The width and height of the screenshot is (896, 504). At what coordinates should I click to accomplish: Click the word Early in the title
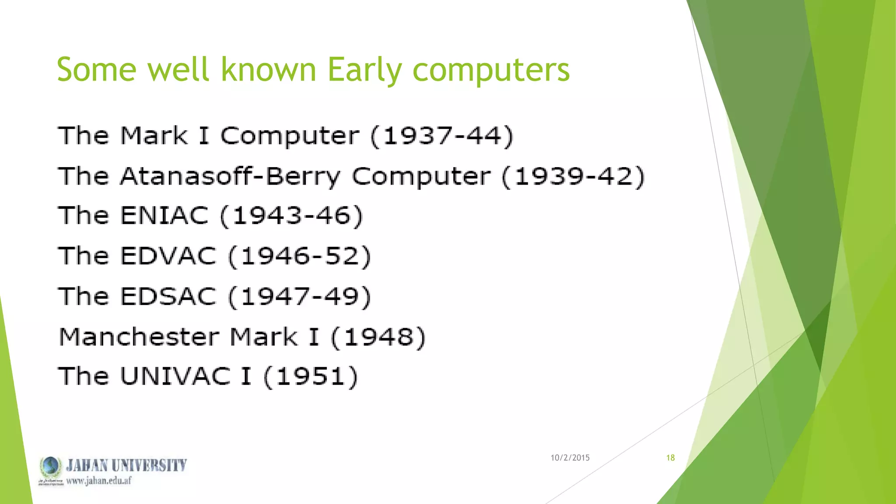coord(364,70)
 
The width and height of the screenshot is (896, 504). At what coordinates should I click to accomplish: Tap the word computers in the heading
coord(491,70)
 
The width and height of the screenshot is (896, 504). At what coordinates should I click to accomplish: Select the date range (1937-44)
coord(442,136)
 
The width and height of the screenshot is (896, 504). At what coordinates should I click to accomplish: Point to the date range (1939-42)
coord(573,177)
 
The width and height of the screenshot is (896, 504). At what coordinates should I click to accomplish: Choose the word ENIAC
coord(164,216)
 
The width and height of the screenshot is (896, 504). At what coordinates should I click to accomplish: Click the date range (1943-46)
coord(291,216)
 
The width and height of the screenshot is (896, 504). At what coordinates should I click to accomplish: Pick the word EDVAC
coord(168,256)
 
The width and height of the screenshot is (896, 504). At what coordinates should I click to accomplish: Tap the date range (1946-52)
coord(300,256)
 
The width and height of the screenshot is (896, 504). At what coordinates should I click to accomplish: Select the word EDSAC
coord(168,297)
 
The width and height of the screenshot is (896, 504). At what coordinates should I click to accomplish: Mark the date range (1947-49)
coord(300,297)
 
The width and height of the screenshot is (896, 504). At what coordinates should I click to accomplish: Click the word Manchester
coord(139,337)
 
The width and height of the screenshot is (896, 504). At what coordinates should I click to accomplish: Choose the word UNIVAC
coord(175,376)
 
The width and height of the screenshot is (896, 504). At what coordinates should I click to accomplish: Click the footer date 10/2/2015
coord(570,458)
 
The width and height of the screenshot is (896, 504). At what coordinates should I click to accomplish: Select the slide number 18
coord(670,458)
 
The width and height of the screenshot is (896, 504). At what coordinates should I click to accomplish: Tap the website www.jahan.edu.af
coord(98,481)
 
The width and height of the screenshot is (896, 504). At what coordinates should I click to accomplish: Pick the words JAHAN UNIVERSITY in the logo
coord(126,465)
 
